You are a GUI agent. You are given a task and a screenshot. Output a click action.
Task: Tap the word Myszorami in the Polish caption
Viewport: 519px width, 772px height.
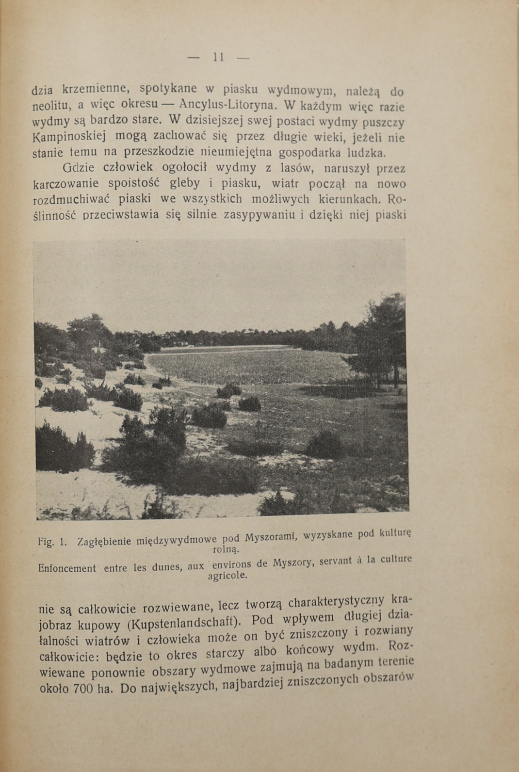pos(270,538)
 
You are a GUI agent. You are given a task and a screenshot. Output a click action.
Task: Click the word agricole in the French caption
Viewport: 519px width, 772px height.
pos(227,576)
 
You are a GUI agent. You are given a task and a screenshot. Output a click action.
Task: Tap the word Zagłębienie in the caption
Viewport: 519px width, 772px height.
pos(104,542)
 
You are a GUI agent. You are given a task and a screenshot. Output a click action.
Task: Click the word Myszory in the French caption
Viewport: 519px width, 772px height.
pos(293,563)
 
